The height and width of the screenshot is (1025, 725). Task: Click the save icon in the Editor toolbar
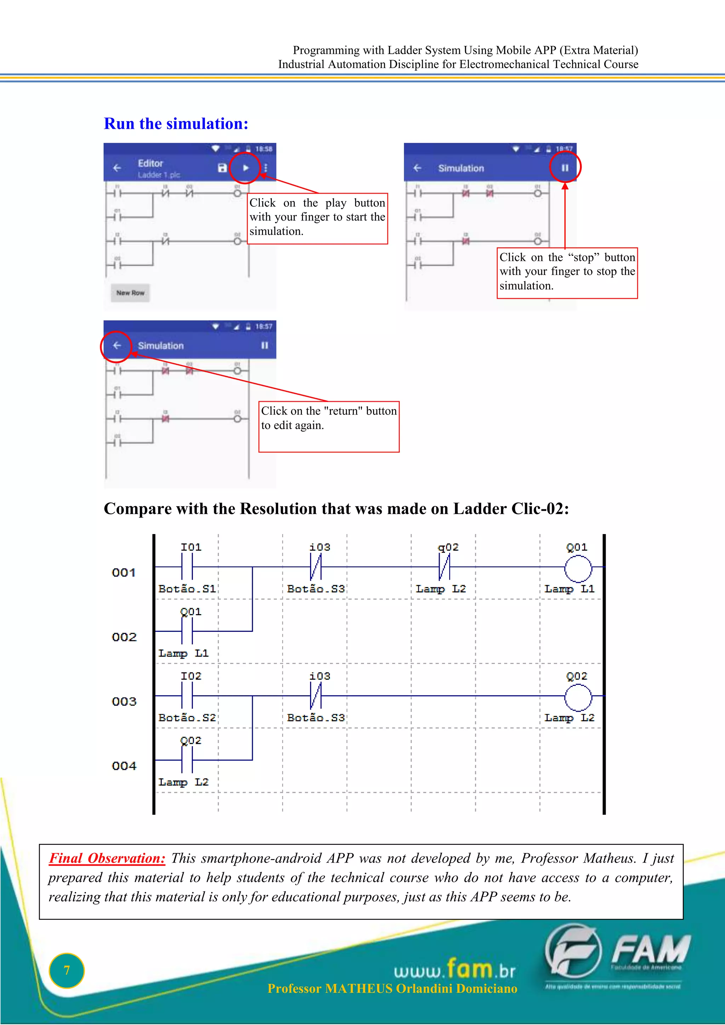point(222,168)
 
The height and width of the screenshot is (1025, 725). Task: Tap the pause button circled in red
point(565,168)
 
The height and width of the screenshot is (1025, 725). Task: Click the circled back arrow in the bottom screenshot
point(116,345)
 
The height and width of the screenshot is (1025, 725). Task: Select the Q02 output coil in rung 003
point(578,697)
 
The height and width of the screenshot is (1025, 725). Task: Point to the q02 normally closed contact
point(445,567)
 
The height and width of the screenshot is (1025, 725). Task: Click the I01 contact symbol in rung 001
point(187,567)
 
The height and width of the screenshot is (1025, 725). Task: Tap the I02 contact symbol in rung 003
point(187,696)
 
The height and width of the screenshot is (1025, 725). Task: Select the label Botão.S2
point(187,718)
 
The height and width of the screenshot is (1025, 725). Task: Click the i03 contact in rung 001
point(316,567)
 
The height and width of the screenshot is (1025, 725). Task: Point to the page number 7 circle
point(67,970)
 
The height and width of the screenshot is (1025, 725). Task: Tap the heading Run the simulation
point(176,124)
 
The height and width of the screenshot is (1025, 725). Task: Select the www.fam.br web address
point(455,970)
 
